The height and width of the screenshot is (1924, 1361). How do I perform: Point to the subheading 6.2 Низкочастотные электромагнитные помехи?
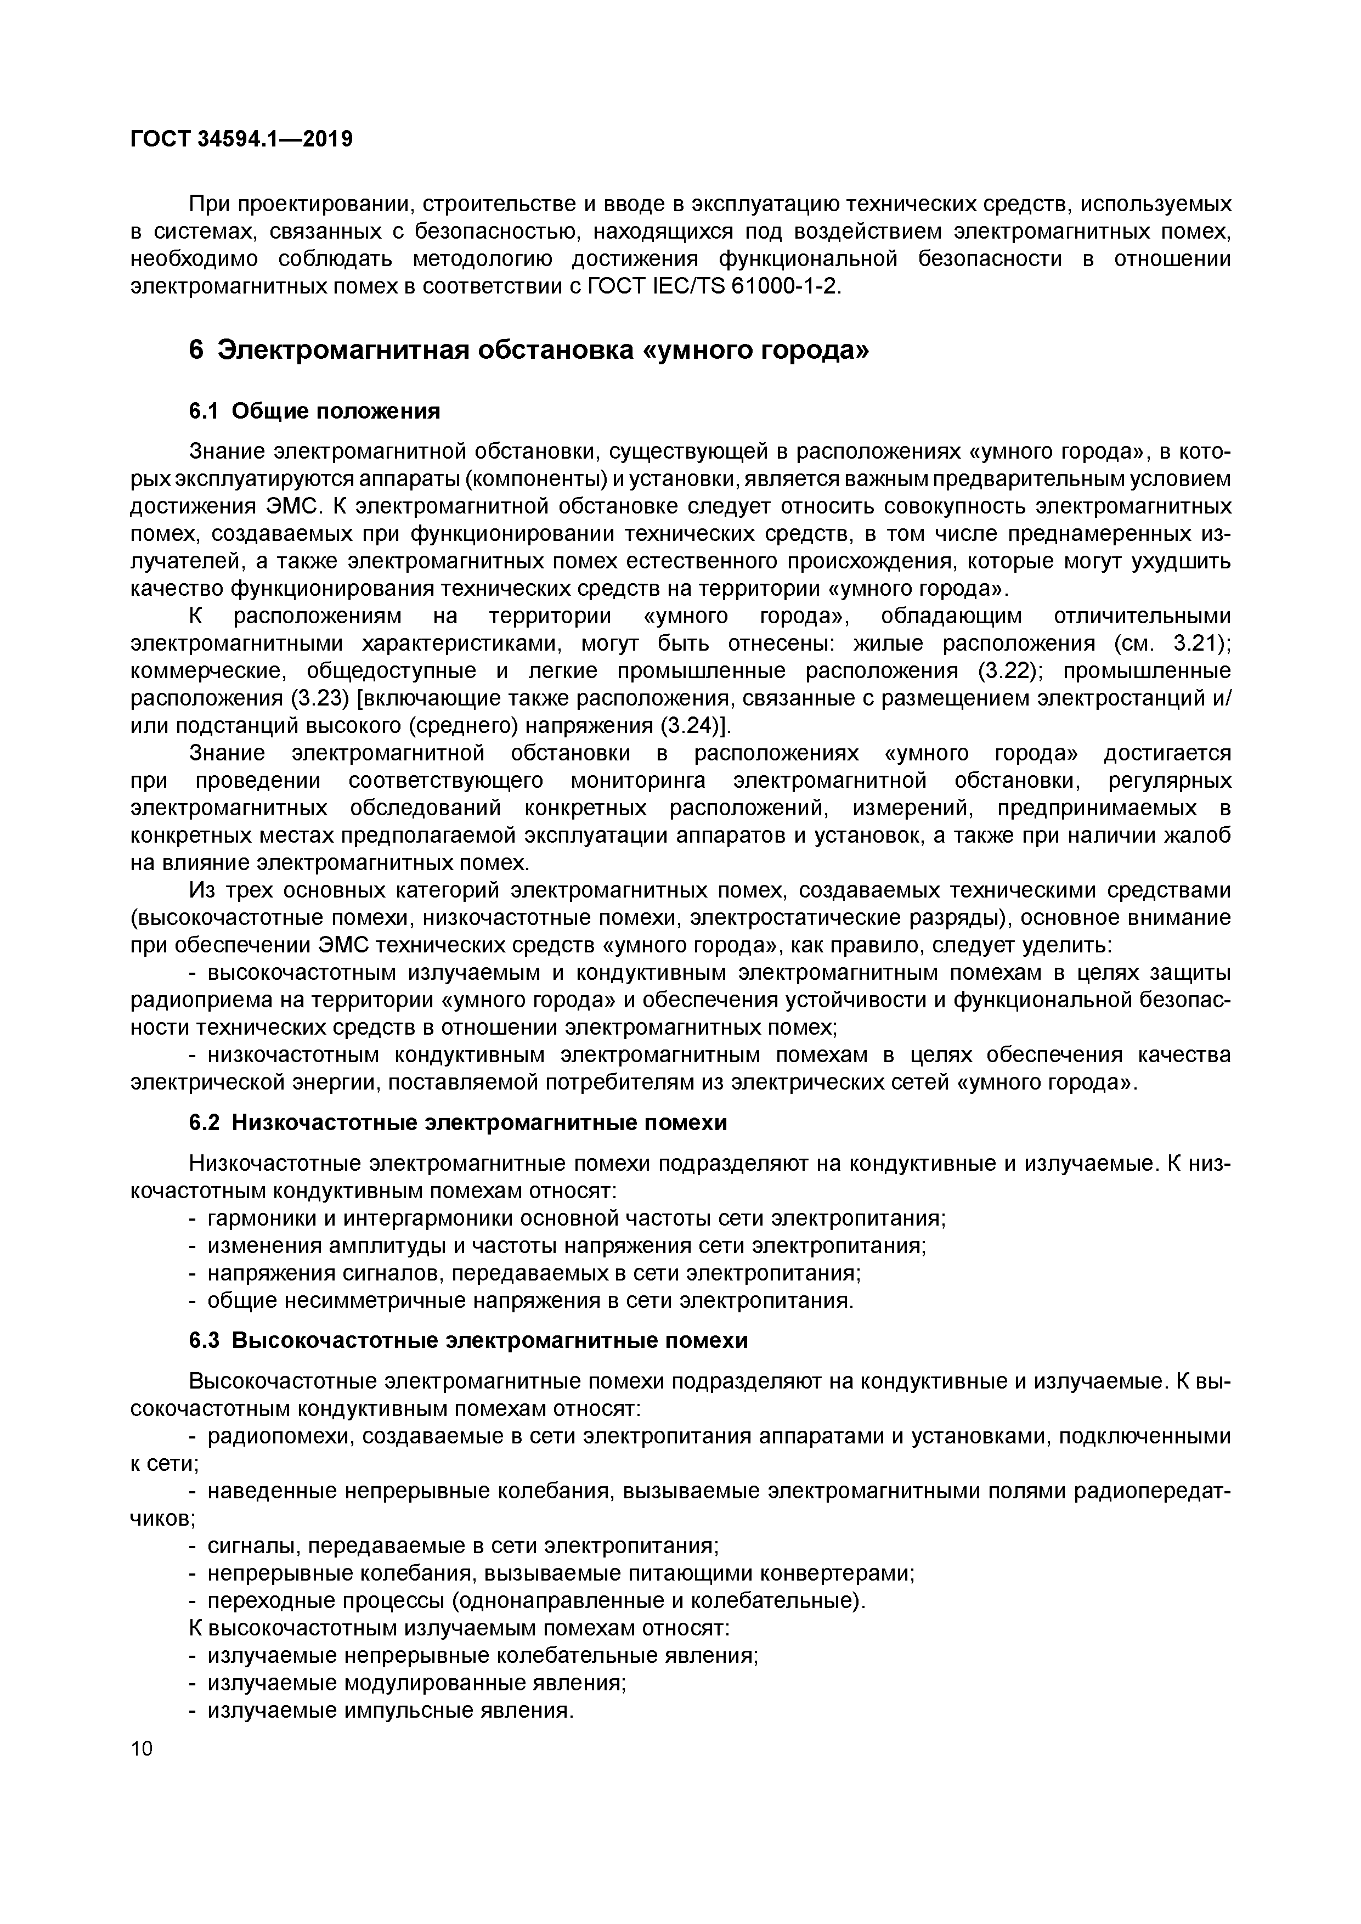(x=459, y=1122)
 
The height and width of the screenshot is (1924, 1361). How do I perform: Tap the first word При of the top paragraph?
(x=208, y=204)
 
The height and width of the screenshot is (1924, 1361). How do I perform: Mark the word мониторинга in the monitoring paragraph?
(x=638, y=781)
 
